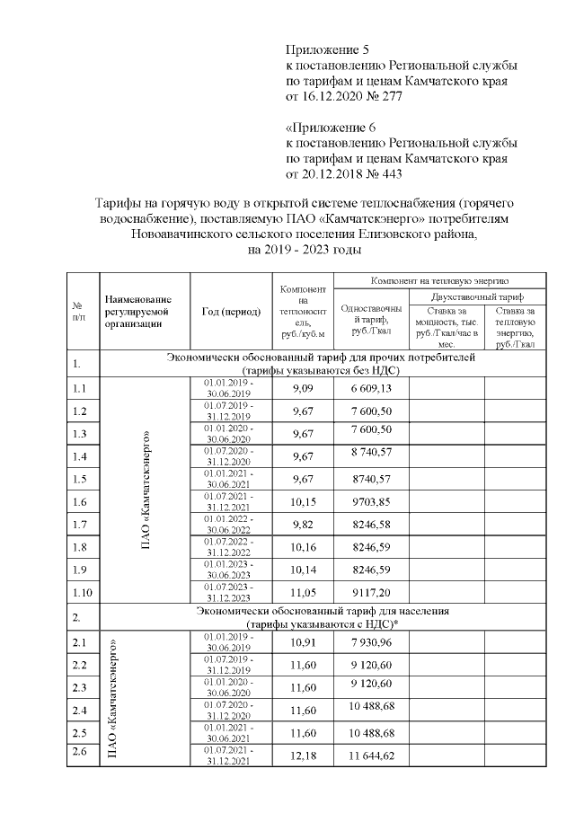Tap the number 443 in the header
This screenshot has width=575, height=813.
[x=389, y=173]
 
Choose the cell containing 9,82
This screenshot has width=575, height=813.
[x=303, y=524]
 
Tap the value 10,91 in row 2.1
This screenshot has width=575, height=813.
[x=303, y=643]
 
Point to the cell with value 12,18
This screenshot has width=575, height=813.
[x=303, y=756]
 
